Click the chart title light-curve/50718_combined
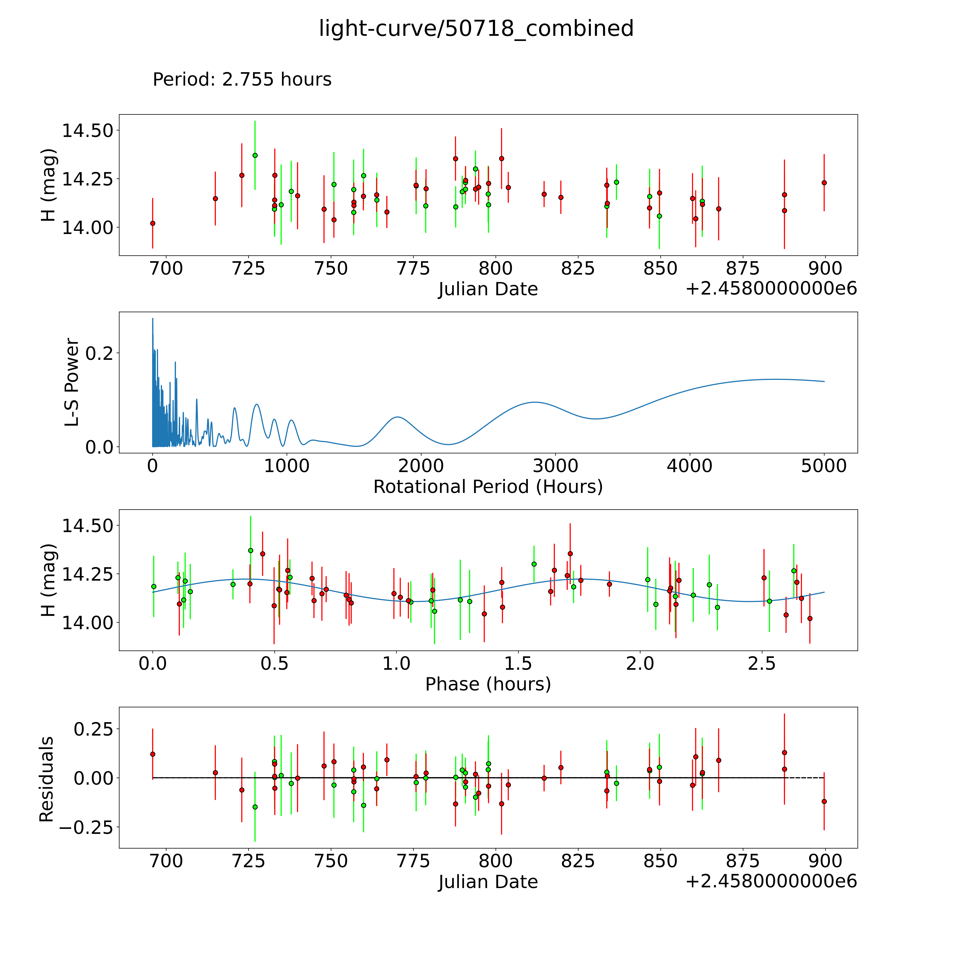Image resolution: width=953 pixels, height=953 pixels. pyautogui.click(x=476, y=29)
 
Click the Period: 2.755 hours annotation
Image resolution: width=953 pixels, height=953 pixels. pyautogui.click(x=242, y=79)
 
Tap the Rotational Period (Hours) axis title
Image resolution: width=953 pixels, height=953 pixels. pyautogui.click(x=488, y=487)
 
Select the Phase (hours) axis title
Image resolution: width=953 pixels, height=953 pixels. pyautogui.click(x=488, y=684)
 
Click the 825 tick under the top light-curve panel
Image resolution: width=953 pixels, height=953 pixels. pyautogui.click(x=578, y=269)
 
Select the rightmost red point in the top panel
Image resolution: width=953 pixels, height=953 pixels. pyautogui.click(x=824, y=182)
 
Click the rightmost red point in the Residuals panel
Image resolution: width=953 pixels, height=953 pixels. pyautogui.click(x=824, y=802)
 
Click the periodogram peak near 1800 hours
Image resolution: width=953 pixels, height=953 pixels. pyautogui.click(x=398, y=417)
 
